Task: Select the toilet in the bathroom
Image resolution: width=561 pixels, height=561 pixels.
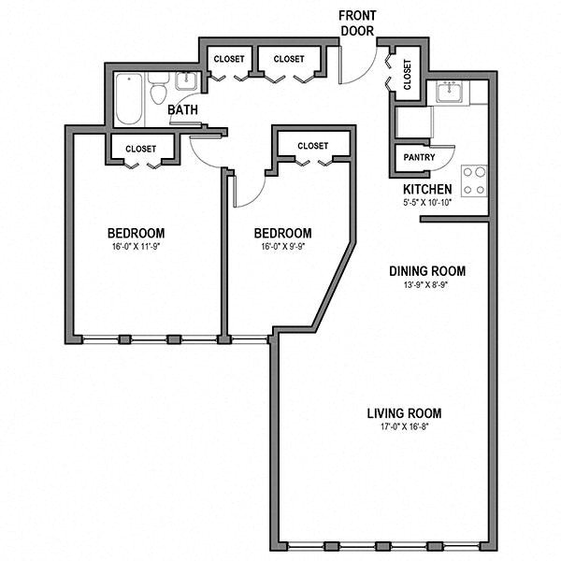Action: click(159, 92)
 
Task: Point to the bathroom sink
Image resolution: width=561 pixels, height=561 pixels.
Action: click(187, 80)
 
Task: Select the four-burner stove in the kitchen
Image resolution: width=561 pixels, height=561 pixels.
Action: click(474, 180)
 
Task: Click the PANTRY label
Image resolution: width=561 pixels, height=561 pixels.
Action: click(419, 157)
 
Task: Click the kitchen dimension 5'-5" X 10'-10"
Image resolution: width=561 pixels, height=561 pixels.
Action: click(427, 203)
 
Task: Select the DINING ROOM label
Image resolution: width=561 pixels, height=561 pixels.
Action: click(427, 271)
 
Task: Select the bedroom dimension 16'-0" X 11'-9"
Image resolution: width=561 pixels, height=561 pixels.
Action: click(136, 248)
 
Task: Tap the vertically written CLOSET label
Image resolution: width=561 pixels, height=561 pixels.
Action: click(408, 74)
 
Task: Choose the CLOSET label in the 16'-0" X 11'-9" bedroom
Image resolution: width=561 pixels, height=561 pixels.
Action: click(140, 148)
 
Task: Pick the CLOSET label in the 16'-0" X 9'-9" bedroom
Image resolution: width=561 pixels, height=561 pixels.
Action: click(312, 145)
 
